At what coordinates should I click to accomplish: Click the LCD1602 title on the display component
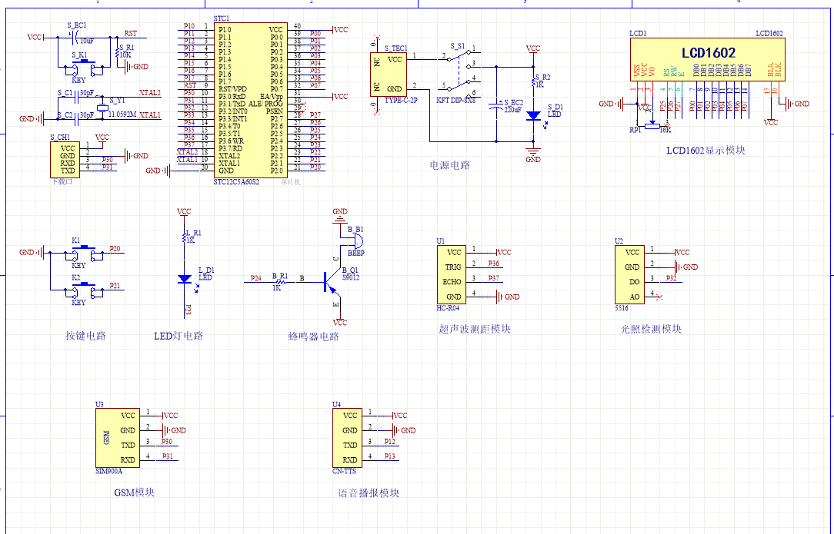click(708, 53)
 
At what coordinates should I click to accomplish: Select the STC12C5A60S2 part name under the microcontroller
click(236, 182)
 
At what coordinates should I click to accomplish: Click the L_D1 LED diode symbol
click(184, 280)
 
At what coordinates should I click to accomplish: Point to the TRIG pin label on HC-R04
click(454, 267)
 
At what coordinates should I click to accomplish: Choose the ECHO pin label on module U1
click(452, 281)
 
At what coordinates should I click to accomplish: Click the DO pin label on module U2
click(633, 281)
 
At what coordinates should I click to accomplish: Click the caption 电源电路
click(449, 165)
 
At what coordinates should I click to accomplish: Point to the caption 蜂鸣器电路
click(313, 337)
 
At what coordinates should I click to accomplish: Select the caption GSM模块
click(134, 492)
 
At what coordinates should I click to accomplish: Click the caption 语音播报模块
click(369, 493)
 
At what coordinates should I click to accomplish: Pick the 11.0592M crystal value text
click(122, 114)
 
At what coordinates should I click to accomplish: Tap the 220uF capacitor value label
click(512, 111)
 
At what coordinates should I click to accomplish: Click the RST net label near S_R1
click(131, 34)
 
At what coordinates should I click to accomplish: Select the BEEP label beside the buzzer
click(356, 252)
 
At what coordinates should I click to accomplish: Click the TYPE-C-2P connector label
click(401, 101)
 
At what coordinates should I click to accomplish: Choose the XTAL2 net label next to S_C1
click(149, 92)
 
